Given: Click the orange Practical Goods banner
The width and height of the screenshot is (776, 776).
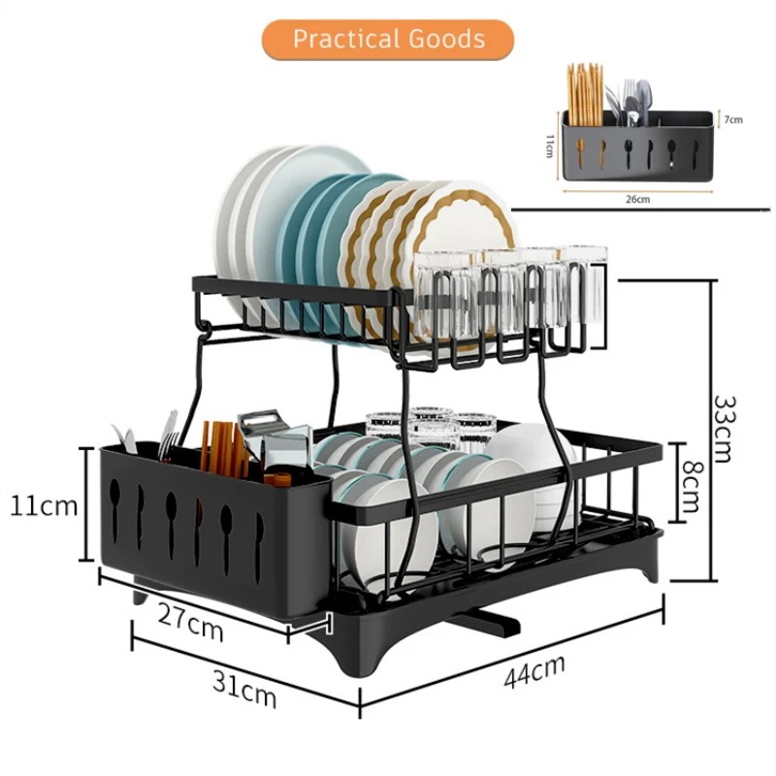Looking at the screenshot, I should pos(388,41).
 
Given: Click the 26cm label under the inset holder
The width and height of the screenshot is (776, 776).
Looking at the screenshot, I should pos(637,199).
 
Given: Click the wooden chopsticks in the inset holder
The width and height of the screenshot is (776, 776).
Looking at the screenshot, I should pos(585,95).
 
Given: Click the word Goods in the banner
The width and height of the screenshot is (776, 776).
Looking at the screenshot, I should pos(445,40).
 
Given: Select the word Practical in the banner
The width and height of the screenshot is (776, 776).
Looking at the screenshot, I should pos(348,40).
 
